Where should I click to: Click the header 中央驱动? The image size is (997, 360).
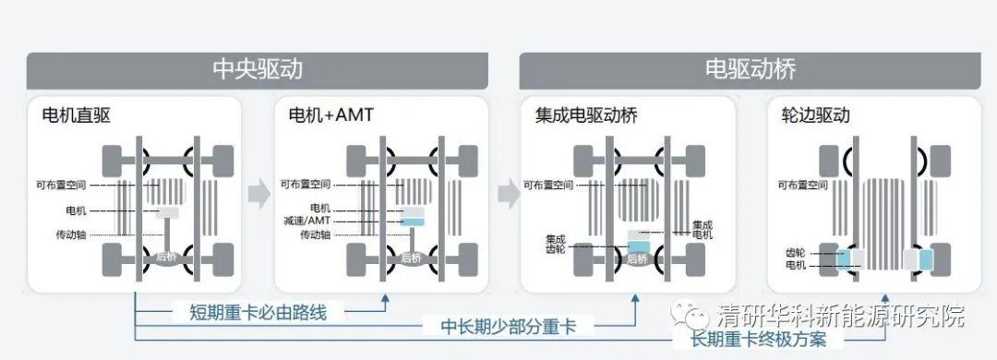coord(258,70)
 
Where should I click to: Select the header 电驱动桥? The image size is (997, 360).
coord(750,70)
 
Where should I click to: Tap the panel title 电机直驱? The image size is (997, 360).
coord(77,116)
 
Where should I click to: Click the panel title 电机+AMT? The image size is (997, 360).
coord(330,116)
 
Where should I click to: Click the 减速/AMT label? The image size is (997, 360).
coord(306,222)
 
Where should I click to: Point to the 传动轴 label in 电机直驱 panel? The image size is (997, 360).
coord(71,234)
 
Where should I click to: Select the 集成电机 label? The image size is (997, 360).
coord(703,230)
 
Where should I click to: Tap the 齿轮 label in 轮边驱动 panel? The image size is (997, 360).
coord(795,252)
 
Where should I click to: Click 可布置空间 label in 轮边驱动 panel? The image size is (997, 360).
coord(801,185)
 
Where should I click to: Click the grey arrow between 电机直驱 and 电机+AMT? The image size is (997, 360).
coord(259,194)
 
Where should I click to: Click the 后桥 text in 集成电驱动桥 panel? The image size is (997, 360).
coord(637,259)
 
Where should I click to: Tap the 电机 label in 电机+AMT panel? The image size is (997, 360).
coord(320,210)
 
